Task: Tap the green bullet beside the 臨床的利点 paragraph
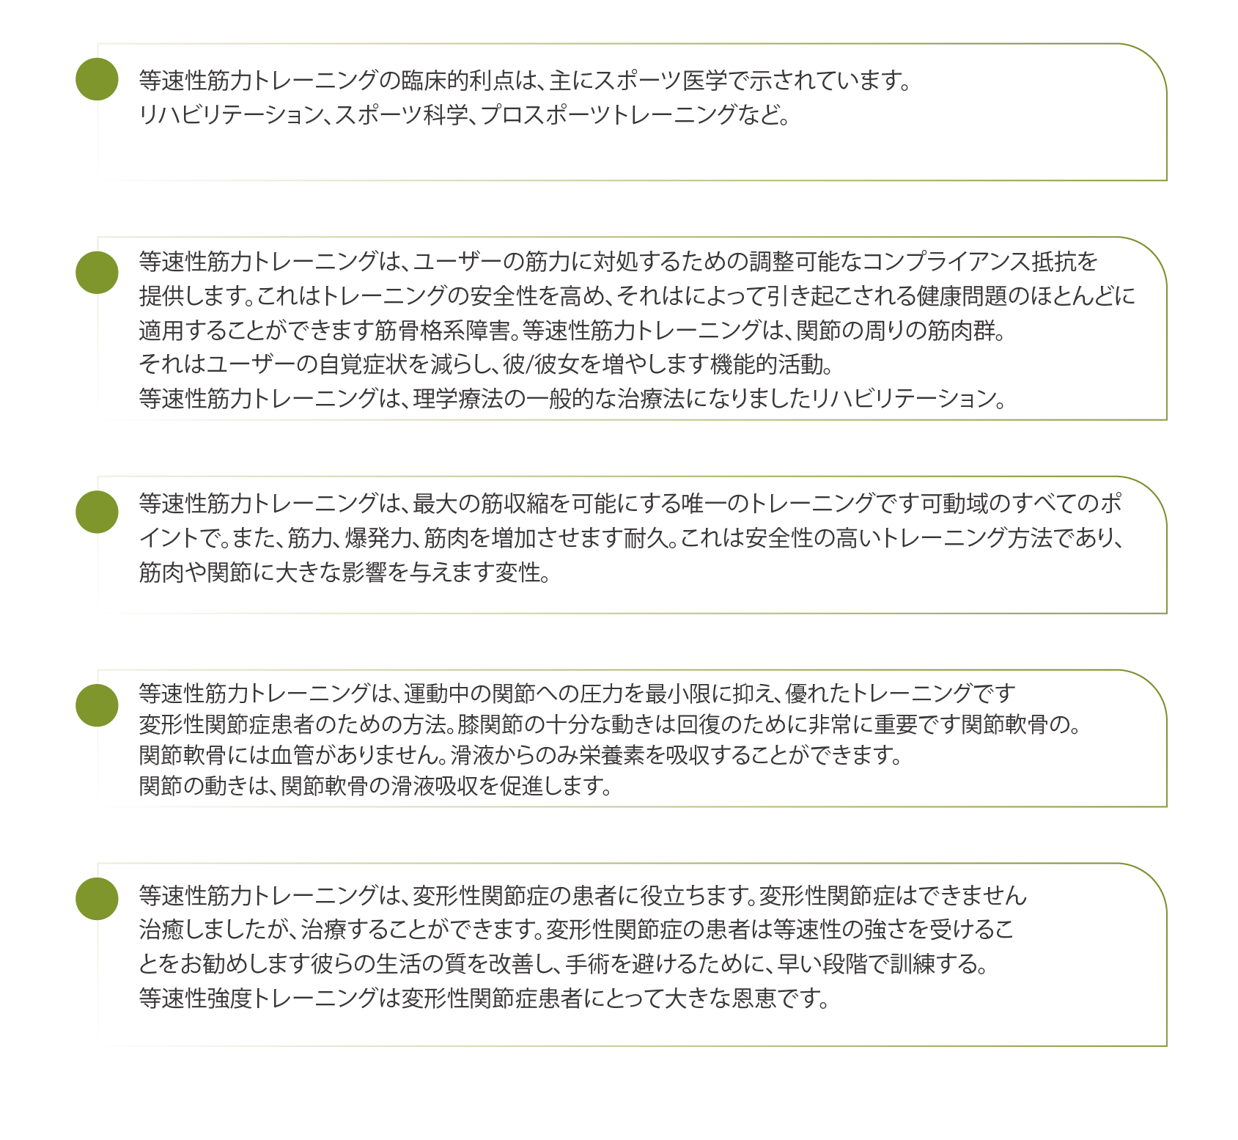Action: coord(97,79)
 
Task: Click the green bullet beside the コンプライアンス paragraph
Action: coord(97,273)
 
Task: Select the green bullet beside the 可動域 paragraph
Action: coord(97,512)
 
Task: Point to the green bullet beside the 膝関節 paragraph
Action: coord(97,705)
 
